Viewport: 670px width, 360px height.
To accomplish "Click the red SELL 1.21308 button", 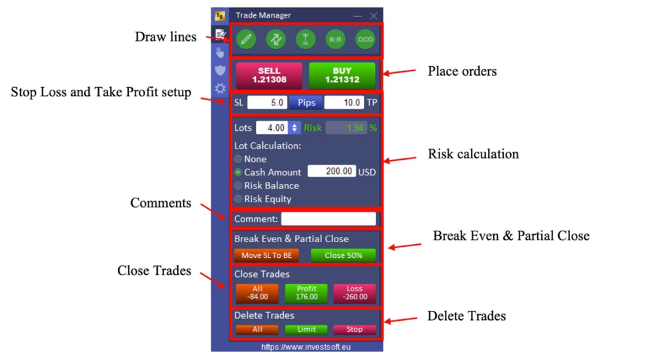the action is [x=269, y=75].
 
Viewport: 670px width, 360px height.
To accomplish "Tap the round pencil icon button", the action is [x=246, y=39].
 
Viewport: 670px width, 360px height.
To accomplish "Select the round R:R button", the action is [x=336, y=39].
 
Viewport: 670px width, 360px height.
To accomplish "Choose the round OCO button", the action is [x=365, y=39].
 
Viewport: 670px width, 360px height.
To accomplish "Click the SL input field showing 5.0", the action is [x=267, y=103].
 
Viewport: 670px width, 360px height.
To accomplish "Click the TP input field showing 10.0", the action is [x=344, y=103].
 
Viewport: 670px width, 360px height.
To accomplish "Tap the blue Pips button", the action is [x=306, y=103].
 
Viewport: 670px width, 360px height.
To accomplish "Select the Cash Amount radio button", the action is [x=238, y=172].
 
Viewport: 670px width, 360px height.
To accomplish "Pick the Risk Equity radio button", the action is [x=238, y=199].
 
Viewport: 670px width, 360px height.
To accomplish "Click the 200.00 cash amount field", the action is [x=332, y=171].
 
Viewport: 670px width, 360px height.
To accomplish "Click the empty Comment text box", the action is [x=328, y=219].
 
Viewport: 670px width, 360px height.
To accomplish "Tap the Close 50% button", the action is [x=344, y=255].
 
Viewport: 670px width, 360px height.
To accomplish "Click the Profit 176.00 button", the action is [x=306, y=293].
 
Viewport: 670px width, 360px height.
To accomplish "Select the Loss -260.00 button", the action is [x=355, y=293].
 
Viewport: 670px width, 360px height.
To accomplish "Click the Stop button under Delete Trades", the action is [x=355, y=329].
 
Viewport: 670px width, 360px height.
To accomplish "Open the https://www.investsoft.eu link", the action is [x=306, y=347].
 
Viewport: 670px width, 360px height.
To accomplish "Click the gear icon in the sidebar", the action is [x=220, y=88].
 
